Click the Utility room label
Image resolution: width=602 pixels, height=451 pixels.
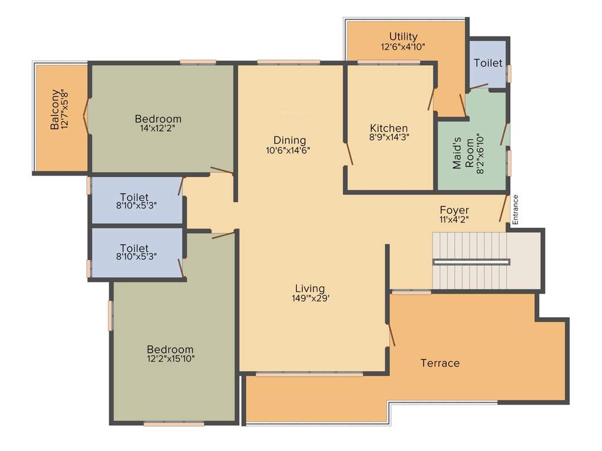(403, 36)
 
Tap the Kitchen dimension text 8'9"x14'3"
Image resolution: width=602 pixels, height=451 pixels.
(389, 137)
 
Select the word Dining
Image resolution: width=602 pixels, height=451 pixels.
(289, 140)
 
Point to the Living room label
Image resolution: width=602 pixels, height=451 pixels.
(310, 288)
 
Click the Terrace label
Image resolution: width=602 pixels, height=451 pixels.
(440, 363)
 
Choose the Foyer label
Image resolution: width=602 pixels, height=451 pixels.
(454, 210)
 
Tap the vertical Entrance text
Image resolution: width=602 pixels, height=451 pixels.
(515, 210)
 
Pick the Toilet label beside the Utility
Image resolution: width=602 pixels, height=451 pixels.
(488, 63)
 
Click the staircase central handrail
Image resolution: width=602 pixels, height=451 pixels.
(471, 261)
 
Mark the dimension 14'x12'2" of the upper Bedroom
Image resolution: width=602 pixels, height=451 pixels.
(158, 127)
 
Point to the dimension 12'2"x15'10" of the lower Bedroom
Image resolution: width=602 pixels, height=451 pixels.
(170, 358)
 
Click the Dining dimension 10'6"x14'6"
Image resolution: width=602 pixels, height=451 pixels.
(287, 150)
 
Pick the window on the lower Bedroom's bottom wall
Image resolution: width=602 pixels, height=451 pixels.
(174, 423)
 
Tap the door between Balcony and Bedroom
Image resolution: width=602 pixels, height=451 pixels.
(87, 117)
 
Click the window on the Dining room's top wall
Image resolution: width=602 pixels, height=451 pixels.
(289, 62)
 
